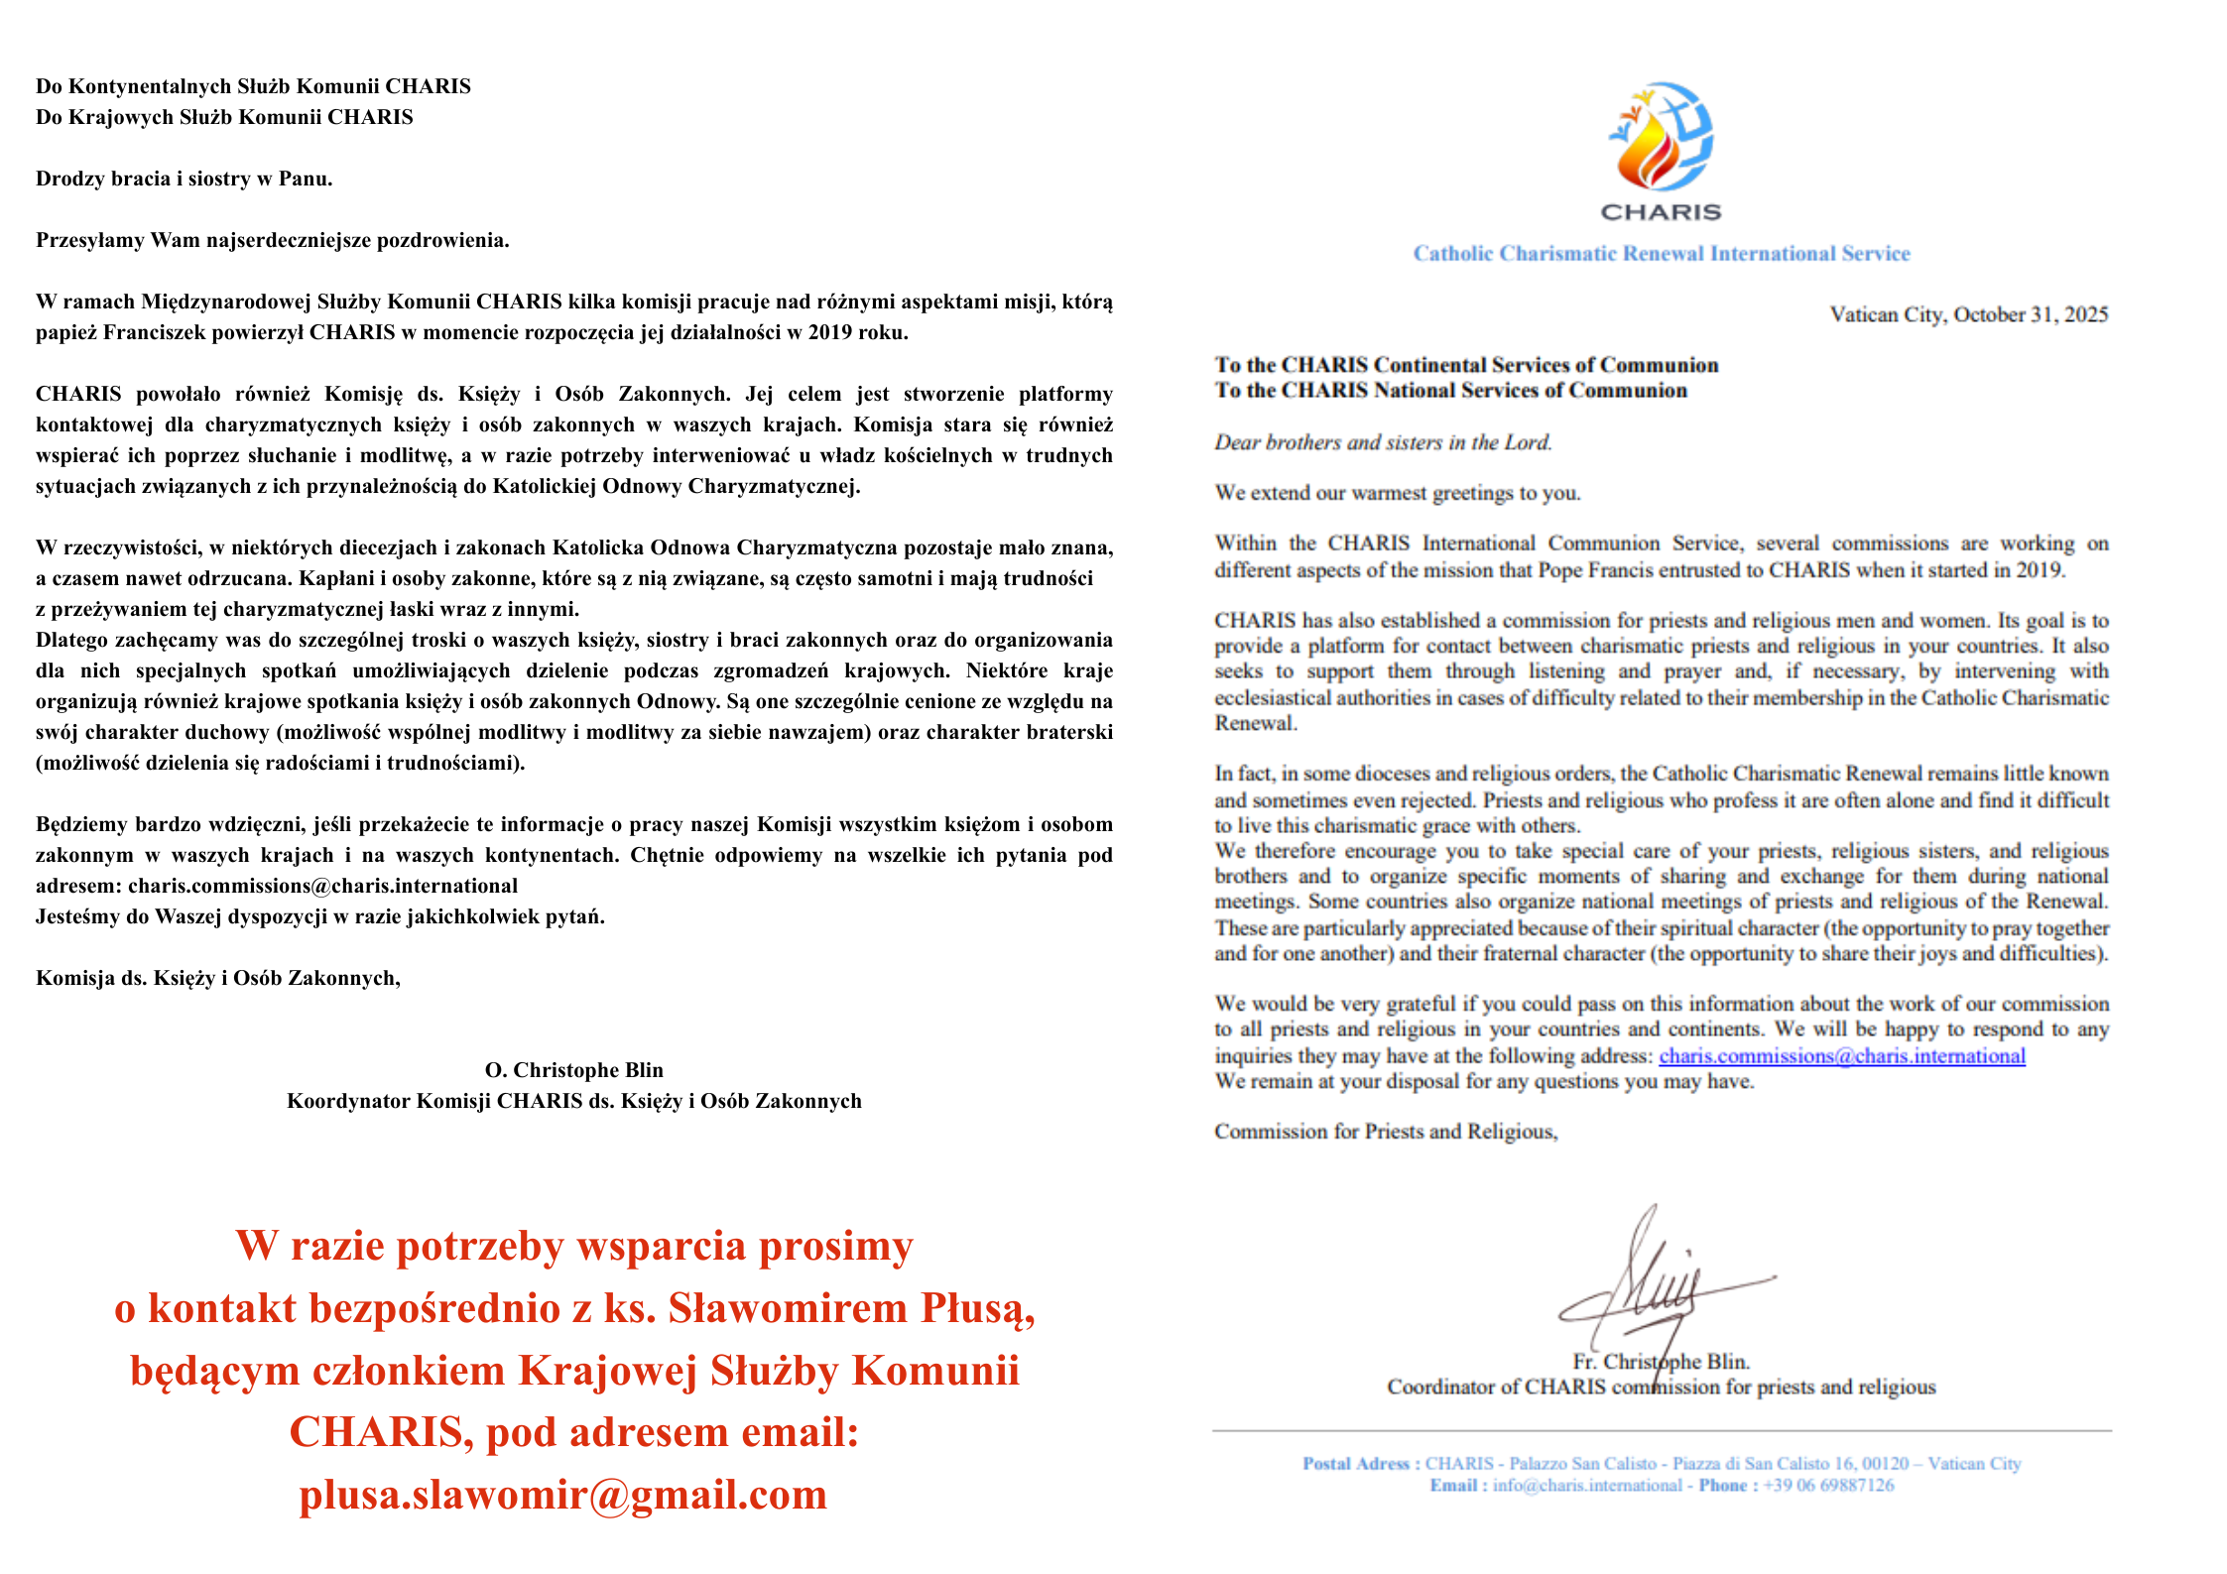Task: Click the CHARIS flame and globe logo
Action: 1661,137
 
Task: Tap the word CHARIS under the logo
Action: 1661,212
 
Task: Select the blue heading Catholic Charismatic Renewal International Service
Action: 1662,254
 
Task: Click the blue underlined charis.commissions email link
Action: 1841,1056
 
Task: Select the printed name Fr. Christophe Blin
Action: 1661,1362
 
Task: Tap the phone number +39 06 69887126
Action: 1828,1486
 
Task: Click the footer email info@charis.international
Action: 1587,1486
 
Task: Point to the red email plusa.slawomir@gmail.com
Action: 563,1495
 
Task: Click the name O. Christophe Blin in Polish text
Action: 573,1070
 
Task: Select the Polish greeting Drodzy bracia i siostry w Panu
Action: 185,179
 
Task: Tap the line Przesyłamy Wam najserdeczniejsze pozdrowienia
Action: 273,240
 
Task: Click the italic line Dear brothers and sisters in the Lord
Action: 1383,442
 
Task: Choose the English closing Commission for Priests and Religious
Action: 1386,1132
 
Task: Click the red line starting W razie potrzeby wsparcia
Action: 574,1246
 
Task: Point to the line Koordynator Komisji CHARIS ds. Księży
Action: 573,1101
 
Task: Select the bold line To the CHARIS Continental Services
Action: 1466,365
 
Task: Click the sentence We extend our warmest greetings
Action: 1398,493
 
